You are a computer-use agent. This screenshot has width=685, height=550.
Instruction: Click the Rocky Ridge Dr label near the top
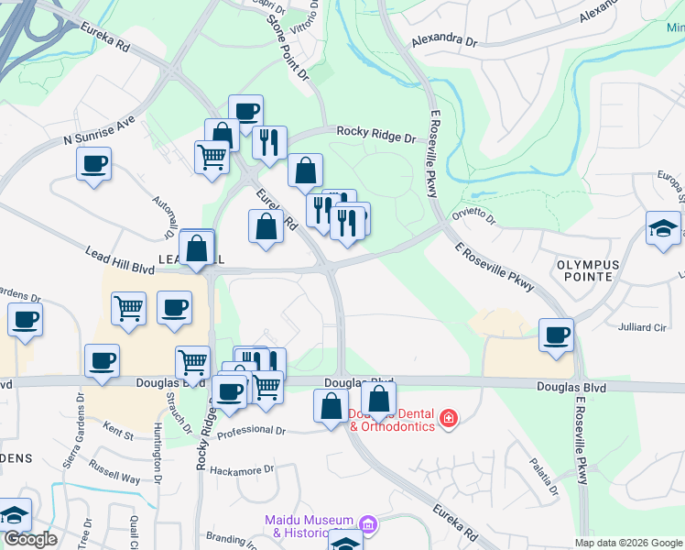coord(375,134)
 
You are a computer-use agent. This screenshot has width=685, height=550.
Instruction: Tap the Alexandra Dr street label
coord(444,41)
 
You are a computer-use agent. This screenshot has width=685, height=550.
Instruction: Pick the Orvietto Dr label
coord(473,215)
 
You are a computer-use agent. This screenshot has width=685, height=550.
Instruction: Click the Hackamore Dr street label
coord(242,469)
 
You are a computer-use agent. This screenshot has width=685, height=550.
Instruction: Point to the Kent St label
coord(118,427)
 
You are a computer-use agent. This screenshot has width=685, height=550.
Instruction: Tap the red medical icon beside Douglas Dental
coord(448,419)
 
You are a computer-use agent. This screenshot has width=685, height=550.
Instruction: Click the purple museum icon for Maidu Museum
coord(368,524)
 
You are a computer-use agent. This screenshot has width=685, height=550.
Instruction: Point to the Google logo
coord(30,539)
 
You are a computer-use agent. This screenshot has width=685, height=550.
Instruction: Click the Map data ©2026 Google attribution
coord(628,543)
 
